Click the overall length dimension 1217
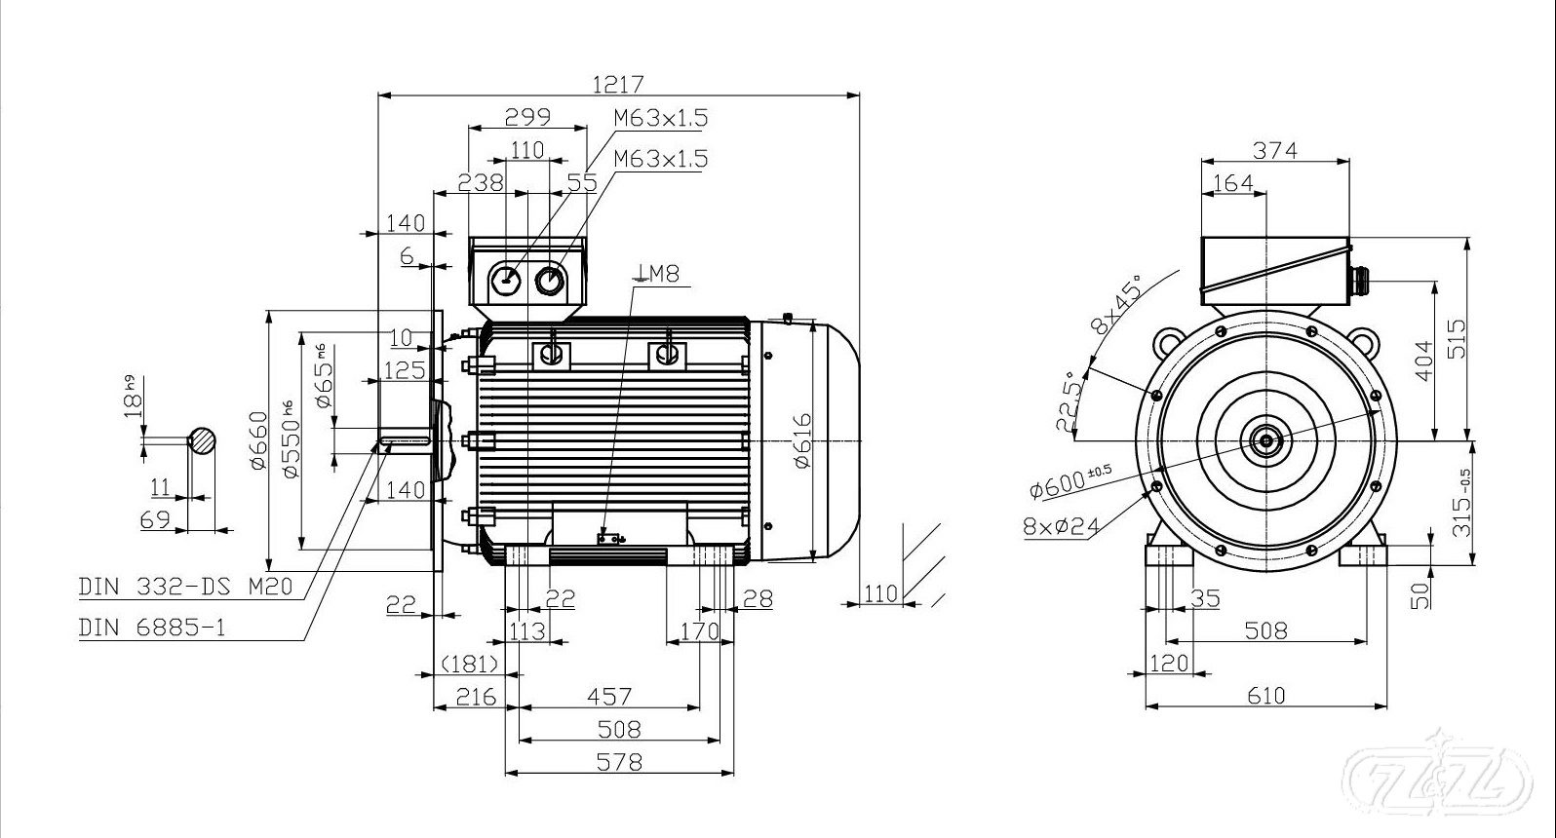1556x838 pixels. pyautogui.click(x=618, y=84)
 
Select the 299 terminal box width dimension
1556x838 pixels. pyautogui.click(x=527, y=116)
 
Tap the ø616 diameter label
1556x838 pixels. pyautogui.click(x=802, y=440)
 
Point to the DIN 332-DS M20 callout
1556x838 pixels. pyautogui.click(x=185, y=587)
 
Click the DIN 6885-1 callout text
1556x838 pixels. pyautogui.click(x=152, y=627)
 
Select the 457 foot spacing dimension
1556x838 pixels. pyautogui.click(x=609, y=696)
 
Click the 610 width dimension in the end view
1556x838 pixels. pyautogui.click(x=1265, y=695)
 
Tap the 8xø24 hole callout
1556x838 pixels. pyautogui.click(x=1062, y=526)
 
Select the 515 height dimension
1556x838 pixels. pyautogui.click(x=1456, y=338)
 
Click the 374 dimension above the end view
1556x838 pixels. pyautogui.click(x=1275, y=150)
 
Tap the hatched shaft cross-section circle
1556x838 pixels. pyautogui.click(x=203, y=440)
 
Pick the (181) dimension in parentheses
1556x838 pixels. pyautogui.click(x=470, y=664)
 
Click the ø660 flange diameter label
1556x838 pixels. pyautogui.click(x=258, y=440)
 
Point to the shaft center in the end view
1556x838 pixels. pyautogui.click(x=1265, y=440)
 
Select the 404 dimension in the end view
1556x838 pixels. pyautogui.click(x=1424, y=361)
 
